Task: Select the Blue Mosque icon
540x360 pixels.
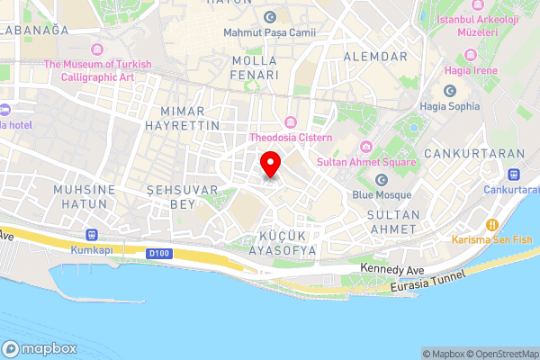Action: tap(381, 180)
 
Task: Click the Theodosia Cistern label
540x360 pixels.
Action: tap(291, 138)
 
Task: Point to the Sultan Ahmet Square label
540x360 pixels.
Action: tap(366, 162)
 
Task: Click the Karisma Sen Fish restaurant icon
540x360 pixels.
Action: tap(492, 224)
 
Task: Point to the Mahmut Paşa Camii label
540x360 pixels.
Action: tap(269, 32)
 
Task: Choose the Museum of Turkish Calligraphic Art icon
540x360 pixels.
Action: tap(97, 48)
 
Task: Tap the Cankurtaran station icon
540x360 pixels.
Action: tap(514, 175)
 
